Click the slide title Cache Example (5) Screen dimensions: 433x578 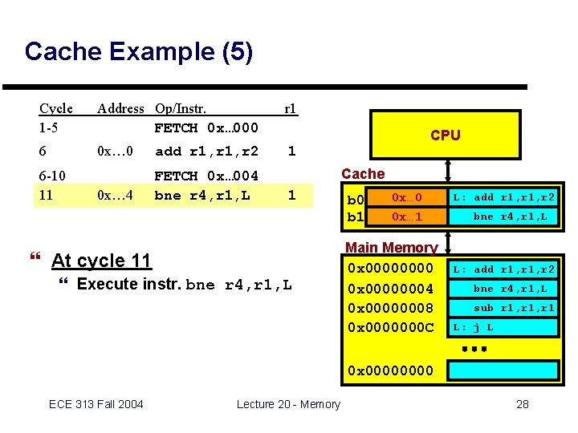coord(138,52)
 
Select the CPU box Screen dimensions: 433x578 coord(445,135)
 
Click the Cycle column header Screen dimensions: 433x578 coord(56,108)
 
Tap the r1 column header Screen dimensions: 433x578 coord(290,108)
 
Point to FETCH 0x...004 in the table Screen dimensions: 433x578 coord(206,176)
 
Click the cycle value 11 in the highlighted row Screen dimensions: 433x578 coord(47,194)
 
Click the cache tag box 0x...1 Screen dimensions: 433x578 coord(406,217)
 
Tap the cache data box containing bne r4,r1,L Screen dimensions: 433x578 coord(504,217)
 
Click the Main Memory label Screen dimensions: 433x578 coord(391,248)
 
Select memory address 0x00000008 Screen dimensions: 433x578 coord(390,308)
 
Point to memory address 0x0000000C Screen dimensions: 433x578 coord(390,327)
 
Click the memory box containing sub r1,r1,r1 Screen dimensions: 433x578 coord(503,308)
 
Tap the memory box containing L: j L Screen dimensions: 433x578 coord(503,327)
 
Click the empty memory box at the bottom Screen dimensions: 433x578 coord(503,370)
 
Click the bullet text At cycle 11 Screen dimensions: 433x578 coord(100,261)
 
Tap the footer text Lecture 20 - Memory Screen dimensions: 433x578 coord(288,404)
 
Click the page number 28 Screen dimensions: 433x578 coord(522,404)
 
